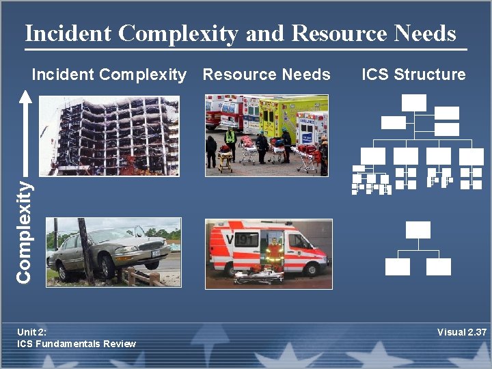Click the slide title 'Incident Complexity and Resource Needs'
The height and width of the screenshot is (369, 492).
(x=240, y=33)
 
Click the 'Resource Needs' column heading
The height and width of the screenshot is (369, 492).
(x=266, y=74)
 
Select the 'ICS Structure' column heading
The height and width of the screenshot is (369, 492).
(x=413, y=74)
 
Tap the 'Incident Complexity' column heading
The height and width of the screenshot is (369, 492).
(x=109, y=74)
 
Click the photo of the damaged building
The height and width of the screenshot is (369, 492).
(x=109, y=136)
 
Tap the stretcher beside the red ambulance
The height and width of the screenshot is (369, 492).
(x=258, y=277)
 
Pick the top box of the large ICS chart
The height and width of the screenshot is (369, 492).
(x=414, y=102)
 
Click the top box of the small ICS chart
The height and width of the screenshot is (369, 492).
(x=418, y=230)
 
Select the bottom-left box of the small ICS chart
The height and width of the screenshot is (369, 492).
(x=397, y=266)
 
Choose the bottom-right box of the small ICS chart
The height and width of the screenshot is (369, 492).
(x=439, y=266)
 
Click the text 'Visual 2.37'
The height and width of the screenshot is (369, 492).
(x=461, y=333)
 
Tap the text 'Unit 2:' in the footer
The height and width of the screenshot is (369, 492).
(x=31, y=332)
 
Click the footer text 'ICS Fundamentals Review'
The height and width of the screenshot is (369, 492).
(x=77, y=343)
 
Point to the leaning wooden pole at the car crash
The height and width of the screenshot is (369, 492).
(x=86, y=250)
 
